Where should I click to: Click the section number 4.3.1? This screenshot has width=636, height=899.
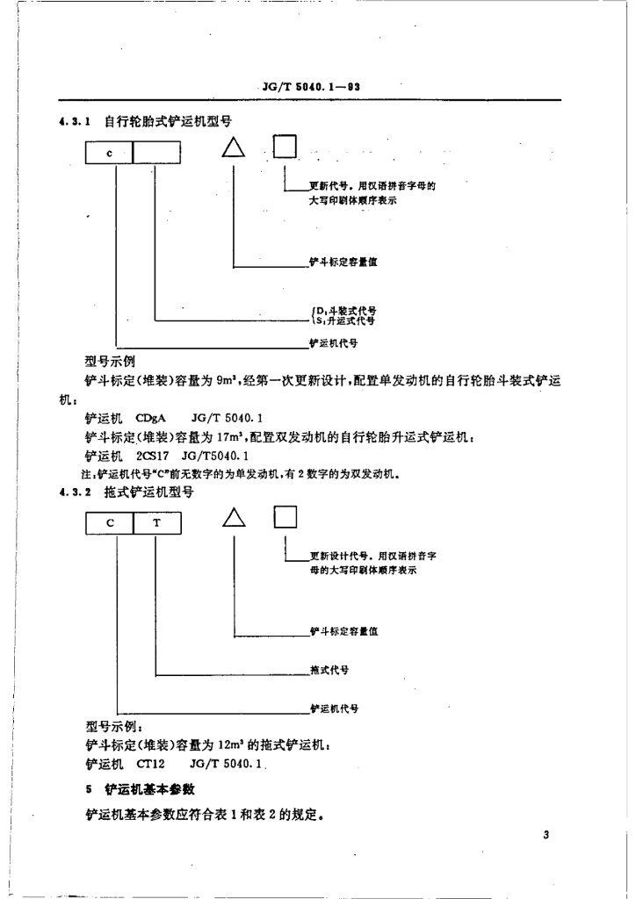click(x=76, y=122)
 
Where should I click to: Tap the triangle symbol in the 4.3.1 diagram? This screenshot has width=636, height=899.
click(x=233, y=147)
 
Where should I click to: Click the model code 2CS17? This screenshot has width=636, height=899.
click(x=152, y=457)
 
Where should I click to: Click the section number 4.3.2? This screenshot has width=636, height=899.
click(x=76, y=493)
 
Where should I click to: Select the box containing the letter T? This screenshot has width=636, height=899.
click(x=157, y=523)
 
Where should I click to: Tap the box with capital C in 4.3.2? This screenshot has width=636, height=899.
click(x=109, y=523)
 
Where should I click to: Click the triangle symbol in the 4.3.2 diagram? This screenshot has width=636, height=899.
click(x=234, y=518)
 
